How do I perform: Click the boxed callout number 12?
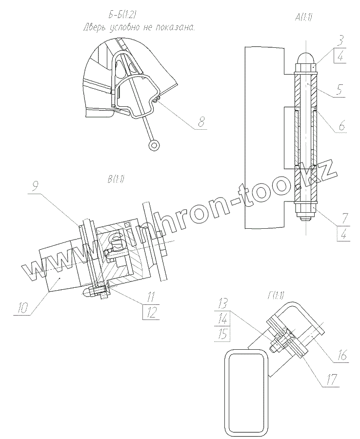click(x=151, y=312)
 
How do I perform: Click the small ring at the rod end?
click(x=155, y=144)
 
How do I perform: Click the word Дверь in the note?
click(x=95, y=28)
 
